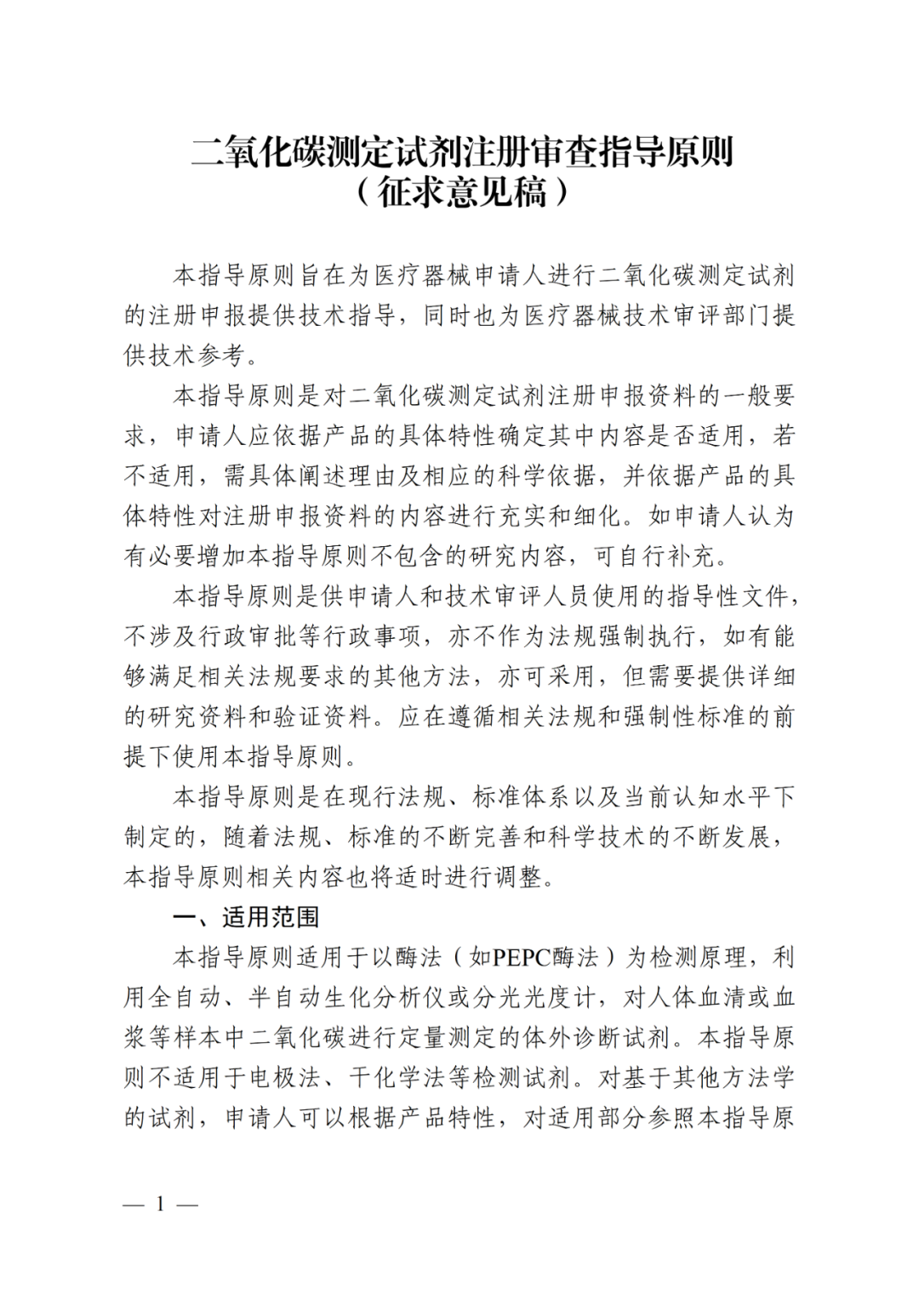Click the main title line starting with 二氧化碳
point(461,152)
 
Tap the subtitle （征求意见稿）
point(461,193)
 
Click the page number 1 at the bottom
point(160,1204)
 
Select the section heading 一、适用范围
point(246,917)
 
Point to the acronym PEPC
point(522,957)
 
